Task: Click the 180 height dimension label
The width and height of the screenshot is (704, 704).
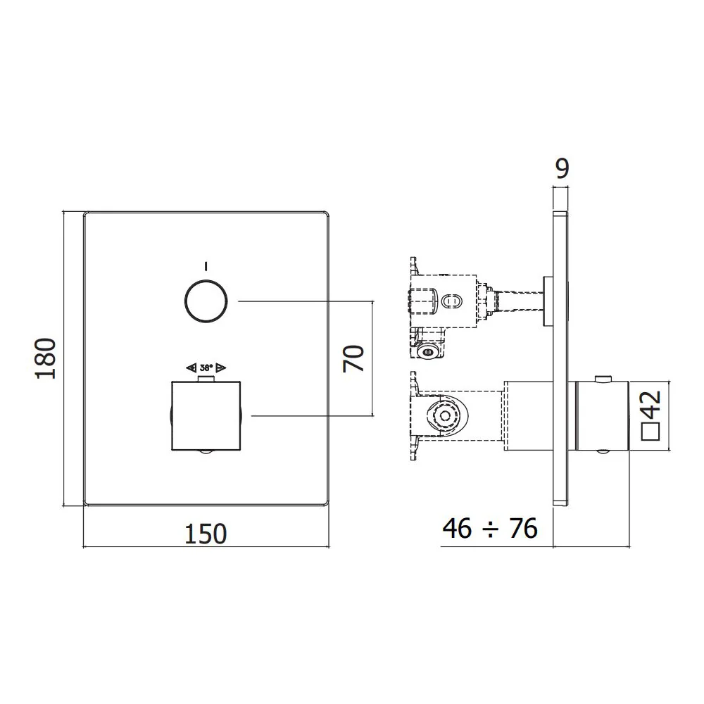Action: [x=46, y=358]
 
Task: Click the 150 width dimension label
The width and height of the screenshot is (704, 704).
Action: [x=206, y=534]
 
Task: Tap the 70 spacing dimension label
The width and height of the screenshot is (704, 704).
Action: [x=353, y=358]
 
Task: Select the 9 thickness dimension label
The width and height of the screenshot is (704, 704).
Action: [x=562, y=168]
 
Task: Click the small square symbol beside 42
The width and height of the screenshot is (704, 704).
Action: [x=650, y=431]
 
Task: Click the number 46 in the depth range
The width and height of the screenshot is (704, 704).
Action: [x=457, y=529]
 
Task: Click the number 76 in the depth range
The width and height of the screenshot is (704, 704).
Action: [x=523, y=529]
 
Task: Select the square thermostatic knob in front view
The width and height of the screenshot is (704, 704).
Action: [x=206, y=416]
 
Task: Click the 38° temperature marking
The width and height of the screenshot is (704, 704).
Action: [x=206, y=367]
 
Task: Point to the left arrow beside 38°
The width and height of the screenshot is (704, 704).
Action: [x=191, y=367]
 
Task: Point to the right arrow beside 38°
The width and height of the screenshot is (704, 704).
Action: [x=221, y=367]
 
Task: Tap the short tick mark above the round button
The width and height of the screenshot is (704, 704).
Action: [x=206, y=266]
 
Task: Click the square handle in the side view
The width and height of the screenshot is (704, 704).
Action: [x=603, y=416]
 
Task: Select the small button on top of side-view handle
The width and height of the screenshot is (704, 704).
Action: [x=603, y=379]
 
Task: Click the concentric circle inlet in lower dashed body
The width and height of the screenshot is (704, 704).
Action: [x=445, y=415]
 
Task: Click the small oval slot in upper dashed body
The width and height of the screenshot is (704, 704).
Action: [x=449, y=301]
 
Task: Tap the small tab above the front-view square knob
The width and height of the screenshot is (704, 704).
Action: [x=206, y=379]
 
